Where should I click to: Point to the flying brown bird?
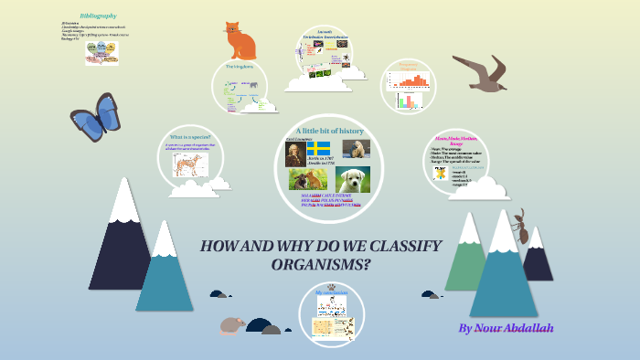tap(481, 73)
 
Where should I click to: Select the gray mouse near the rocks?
tap(232, 324)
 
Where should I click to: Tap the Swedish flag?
tap(318, 148)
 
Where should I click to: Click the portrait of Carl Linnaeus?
tap(293, 156)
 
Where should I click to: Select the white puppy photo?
tap(352, 178)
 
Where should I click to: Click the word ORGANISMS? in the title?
tap(321, 265)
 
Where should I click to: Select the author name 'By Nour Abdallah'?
tap(506, 327)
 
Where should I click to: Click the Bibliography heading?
tap(99, 16)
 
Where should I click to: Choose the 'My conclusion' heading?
tap(330, 292)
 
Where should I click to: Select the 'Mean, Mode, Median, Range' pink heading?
tap(454, 140)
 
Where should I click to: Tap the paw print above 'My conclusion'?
tap(331, 285)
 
